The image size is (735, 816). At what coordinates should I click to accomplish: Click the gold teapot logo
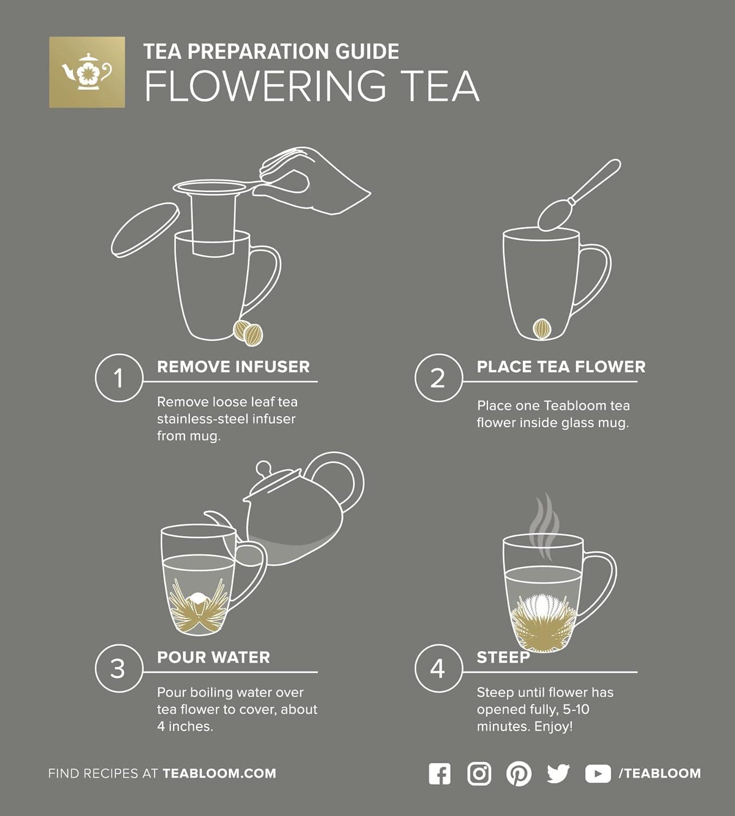point(87,72)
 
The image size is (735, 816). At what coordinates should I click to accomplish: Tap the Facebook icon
point(440,774)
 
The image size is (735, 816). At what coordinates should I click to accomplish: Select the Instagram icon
point(479,774)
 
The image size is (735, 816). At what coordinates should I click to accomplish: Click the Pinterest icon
point(519,774)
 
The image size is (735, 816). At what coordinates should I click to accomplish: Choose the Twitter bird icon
point(558,774)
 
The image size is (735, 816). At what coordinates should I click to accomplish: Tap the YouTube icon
point(597,774)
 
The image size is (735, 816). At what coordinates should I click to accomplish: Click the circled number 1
point(119,378)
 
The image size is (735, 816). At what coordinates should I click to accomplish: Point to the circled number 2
point(438,378)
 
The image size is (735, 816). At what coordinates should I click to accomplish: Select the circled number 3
point(119,669)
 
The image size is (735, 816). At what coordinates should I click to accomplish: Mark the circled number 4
point(438,669)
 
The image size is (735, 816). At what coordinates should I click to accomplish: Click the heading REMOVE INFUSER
point(233,367)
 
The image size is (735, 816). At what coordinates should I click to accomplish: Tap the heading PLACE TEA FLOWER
point(561,367)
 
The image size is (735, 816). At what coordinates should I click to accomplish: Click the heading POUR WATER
point(213,657)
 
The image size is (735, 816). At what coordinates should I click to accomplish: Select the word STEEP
point(503,657)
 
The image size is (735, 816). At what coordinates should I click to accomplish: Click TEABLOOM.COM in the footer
point(219,774)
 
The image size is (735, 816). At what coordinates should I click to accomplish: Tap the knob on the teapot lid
point(263,468)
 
